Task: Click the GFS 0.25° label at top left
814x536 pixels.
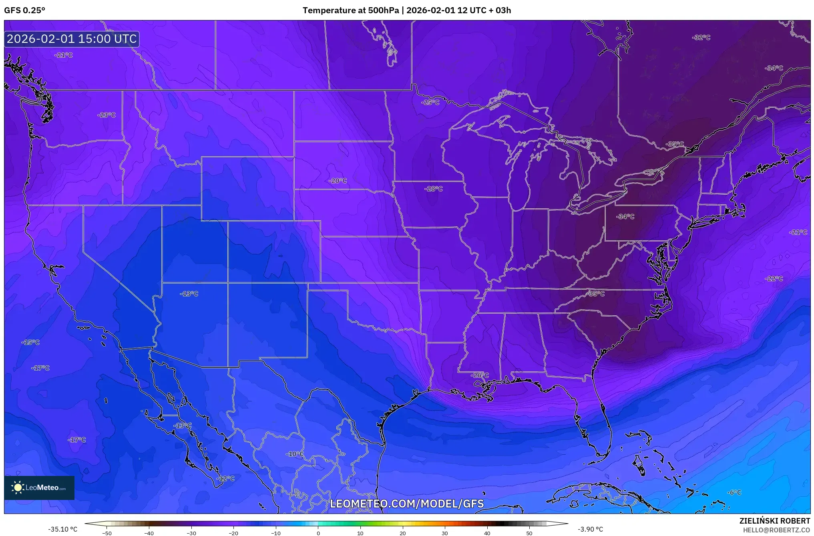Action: click(x=24, y=10)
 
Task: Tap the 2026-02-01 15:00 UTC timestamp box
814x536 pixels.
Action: click(x=72, y=39)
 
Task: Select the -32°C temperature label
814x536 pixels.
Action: click(x=701, y=38)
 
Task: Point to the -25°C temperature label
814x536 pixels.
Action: click(x=430, y=103)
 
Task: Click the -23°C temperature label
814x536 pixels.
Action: click(x=107, y=115)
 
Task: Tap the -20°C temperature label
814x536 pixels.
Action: click(x=338, y=181)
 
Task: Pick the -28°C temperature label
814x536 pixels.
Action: click(x=434, y=189)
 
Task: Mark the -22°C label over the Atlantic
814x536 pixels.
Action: click(x=774, y=278)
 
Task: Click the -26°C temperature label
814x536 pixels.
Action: click(x=480, y=375)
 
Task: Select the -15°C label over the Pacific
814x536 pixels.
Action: click(x=30, y=342)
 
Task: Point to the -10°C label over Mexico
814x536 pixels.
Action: click(x=295, y=454)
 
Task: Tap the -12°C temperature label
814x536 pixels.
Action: click(x=225, y=478)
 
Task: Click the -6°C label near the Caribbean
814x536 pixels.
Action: click(x=734, y=492)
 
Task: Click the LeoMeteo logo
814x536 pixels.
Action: click(x=39, y=488)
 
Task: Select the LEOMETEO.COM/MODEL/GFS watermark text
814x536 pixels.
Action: click(x=406, y=504)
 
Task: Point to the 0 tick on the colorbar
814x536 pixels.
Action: click(x=318, y=533)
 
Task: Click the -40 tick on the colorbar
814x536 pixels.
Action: click(x=149, y=533)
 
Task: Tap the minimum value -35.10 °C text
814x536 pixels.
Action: click(x=63, y=529)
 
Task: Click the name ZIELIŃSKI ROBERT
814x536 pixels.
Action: click(x=774, y=521)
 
